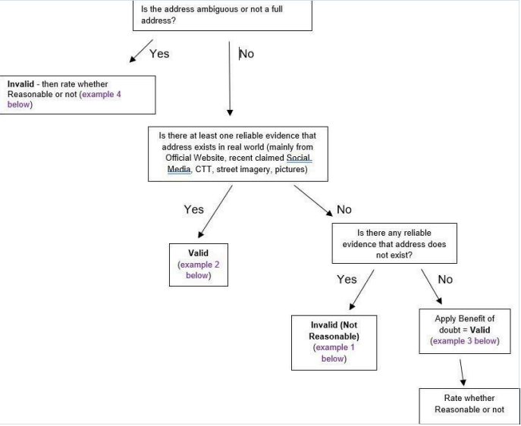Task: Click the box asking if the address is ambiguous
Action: click(222, 15)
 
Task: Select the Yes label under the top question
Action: click(159, 54)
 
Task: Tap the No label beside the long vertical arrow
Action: click(246, 54)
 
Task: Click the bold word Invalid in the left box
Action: click(20, 84)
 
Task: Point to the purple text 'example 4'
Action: click(102, 94)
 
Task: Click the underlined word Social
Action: click(299, 158)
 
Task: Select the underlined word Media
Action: click(179, 169)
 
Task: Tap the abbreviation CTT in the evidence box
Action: click(202, 169)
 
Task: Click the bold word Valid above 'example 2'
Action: click(199, 253)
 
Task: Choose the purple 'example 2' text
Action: click(199, 265)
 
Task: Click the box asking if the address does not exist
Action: click(394, 243)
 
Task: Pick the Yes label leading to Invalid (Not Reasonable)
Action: click(347, 279)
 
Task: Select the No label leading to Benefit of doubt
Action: click(445, 279)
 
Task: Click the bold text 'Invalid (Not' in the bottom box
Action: click(334, 324)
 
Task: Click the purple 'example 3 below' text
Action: click(464, 341)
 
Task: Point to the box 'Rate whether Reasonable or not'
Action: click(469, 406)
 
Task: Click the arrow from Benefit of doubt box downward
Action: click(462, 372)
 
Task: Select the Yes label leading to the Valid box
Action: click(193, 209)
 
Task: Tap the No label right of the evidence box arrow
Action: click(344, 209)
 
